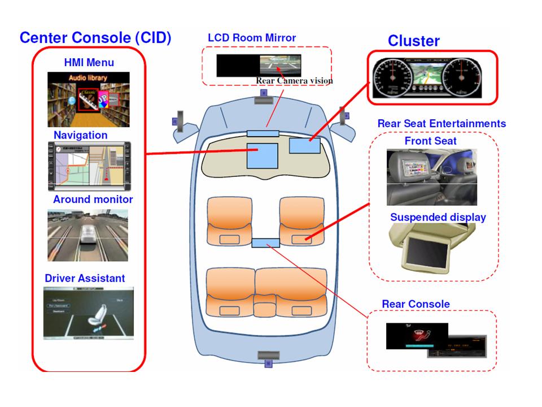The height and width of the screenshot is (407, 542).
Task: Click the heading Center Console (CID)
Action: pyautogui.click(x=95, y=38)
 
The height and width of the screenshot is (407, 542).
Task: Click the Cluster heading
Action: pyautogui.click(x=413, y=41)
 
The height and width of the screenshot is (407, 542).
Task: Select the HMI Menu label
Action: pyautogui.click(x=89, y=62)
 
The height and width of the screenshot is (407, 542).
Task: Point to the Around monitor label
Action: pyautogui.click(x=93, y=200)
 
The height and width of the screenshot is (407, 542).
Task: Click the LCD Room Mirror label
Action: pyautogui.click(x=252, y=38)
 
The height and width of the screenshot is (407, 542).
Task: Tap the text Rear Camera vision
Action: pyautogui.click(x=294, y=81)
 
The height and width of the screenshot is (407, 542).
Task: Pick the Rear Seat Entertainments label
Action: pyautogui.click(x=442, y=124)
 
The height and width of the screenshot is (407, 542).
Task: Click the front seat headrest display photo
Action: pyautogui.click(x=432, y=177)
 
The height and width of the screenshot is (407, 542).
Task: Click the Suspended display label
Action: pyautogui.click(x=438, y=217)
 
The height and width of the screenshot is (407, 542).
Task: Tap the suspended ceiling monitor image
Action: pyautogui.click(x=431, y=246)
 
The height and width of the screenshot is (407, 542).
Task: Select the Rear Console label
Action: pyautogui.click(x=416, y=304)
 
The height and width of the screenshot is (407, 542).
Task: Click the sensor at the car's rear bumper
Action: pyautogui.click(x=268, y=356)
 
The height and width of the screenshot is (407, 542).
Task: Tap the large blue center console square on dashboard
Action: pyautogui.click(x=262, y=155)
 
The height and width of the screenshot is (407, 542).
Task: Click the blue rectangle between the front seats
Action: pyautogui.click(x=265, y=243)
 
